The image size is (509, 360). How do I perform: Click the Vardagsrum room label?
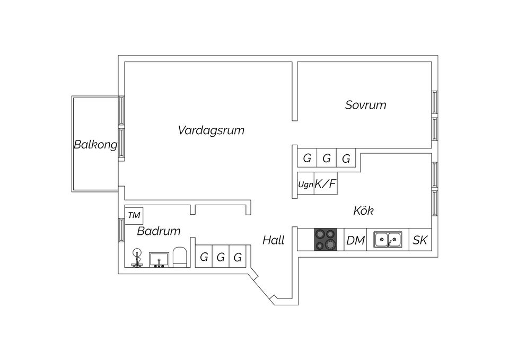pyautogui.click(x=211, y=130)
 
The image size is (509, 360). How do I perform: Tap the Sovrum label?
pyautogui.click(x=365, y=105)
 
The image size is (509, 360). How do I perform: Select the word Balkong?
pyautogui.click(x=95, y=144)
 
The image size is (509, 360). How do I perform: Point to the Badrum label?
pyautogui.click(x=159, y=231)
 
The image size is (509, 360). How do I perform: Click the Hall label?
pyautogui.click(x=274, y=241)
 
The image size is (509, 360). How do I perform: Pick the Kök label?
pyautogui.click(x=363, y=210)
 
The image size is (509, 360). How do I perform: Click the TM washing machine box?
pyautogui.click(x=134, y=216)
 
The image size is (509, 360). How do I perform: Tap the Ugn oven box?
pyautogui.click(x=305, y=183)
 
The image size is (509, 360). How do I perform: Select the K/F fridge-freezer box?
pyautogui.click(x=326, y=183)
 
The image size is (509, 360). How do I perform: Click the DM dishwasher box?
pyautogui.click(x=355, y=240)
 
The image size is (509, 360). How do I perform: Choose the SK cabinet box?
pyautogui.click(x=420, y=240)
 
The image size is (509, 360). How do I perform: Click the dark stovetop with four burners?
pyautogui.click(x=326, y=240)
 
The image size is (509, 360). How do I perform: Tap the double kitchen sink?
pyautogui.click(x=388, y=240)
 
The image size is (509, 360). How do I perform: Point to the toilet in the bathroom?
pyautogui.click(x=180, y=257)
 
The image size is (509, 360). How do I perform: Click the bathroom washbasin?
pyautogui.click(x=159, y=260)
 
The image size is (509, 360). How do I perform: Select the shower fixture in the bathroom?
pyautogui.click(x=137, y=258)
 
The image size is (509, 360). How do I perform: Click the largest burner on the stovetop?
pyautogui.click(x=330, y=244)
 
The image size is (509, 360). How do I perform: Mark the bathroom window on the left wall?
pyautogui.click(x=121, y=230)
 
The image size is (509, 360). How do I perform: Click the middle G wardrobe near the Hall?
pyautogui.click(x=221, y=256)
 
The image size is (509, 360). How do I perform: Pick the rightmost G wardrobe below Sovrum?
pyautogui.click(x=346, y=158)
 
